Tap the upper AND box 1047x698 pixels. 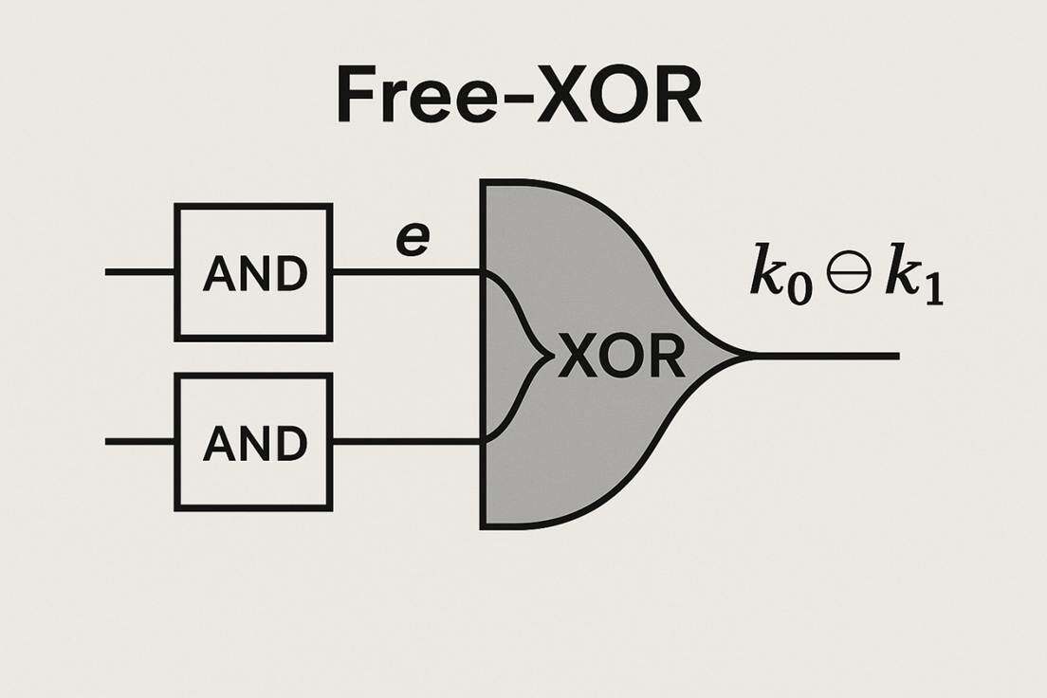tap(253, 272)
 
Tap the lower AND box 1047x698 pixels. tap(253, 442)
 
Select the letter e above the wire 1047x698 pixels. tap(412, 239)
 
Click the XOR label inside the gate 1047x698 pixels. tap(621, 358)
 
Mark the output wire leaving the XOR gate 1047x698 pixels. tap(825, 357)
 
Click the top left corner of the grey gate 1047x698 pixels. tap(485, 183)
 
